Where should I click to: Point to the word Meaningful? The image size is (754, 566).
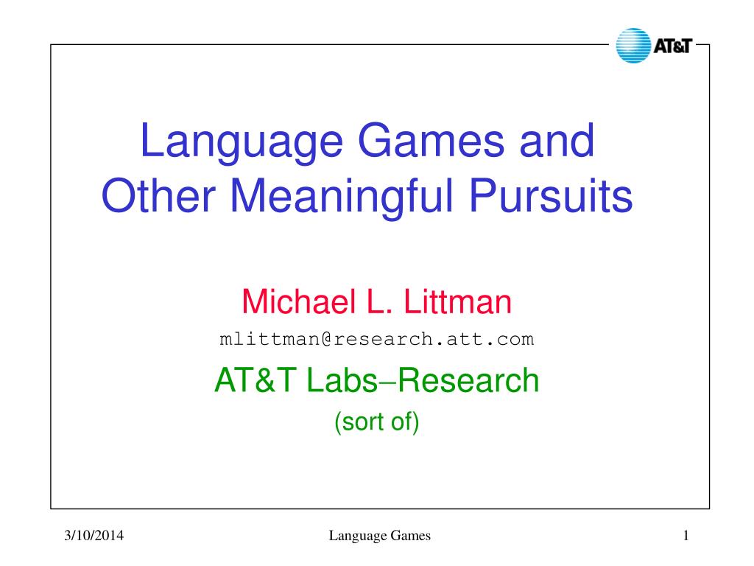tap(342, 196)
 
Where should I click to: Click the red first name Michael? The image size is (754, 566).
tap(299, 301)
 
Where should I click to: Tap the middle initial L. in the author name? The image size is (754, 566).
tap(380, 301)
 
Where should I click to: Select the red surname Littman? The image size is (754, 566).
tap(457, 301)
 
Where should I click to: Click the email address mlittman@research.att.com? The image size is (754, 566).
tap(376, 339)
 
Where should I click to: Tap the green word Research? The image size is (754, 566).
tap(468, 380)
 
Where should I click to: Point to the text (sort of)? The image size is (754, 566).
tap(377, 422)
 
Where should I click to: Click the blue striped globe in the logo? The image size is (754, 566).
tap(633, 45)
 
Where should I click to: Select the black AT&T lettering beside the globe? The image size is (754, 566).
tap(672, 46)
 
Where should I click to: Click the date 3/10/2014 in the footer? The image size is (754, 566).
tap(94, 535)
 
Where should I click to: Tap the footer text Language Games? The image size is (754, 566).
tap(380, 536)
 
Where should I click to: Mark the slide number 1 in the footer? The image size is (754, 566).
tap(686, 535)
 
